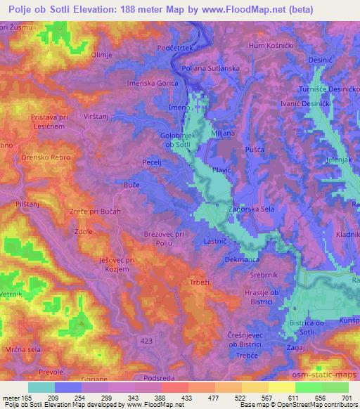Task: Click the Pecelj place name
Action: [x=152, y=162]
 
